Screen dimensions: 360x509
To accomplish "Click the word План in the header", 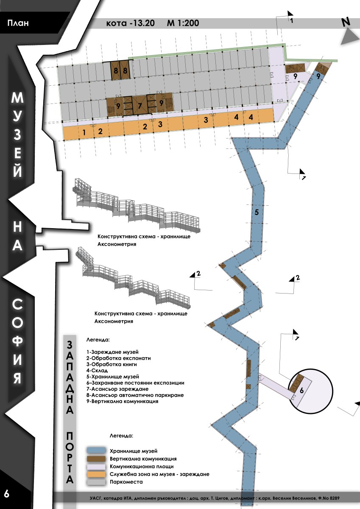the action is coord(18,23).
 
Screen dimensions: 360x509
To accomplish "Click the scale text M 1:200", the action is coord(183,23).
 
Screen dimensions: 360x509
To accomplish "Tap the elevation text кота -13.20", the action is coord(130,23).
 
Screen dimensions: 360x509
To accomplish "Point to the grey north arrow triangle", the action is coord(349,37).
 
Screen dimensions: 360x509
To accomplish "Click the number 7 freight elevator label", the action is coord(140,106).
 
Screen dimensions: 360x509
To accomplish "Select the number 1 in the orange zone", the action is coord(84,132).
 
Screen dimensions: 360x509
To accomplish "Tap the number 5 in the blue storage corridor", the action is coord(257,212).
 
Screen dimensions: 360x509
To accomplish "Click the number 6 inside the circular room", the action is coord(301,390).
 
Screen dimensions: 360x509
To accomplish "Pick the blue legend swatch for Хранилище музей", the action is coord(96,450).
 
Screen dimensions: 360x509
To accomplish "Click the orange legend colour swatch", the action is coord(96,474).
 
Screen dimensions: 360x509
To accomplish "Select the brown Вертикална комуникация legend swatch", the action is coord(96,459).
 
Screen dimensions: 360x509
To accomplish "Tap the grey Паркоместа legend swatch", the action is coord(96,481).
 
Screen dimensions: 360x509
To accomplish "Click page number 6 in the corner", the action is coord(7,494).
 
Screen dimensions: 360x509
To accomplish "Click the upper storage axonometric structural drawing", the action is coord(136,206).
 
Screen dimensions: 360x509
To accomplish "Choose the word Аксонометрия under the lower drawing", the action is coord(114,321).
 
